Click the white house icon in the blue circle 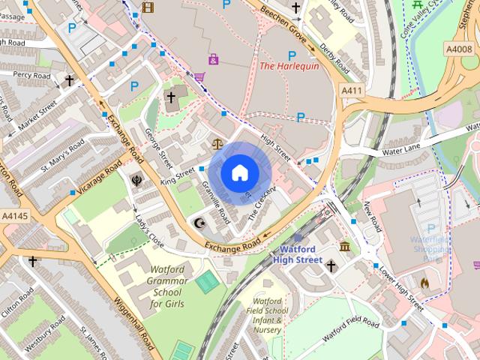tap(239, 173)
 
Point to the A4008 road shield tap(457, 49)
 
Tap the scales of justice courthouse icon tap(219, 142)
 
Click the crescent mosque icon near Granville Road tap(199, 223)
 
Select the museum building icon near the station tap(345, 247)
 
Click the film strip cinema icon tap(148, 7)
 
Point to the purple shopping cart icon tap(199, 76)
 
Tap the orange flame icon tap(424, 283)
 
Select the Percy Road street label tap(32, 76)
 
